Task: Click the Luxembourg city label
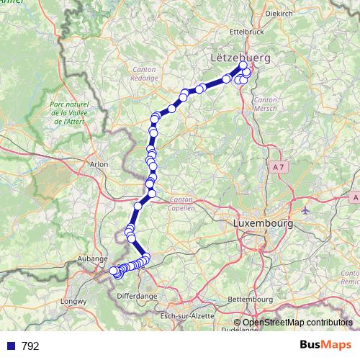coord(263,224)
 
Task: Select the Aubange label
coord(94,258)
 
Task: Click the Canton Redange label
coord(145,73)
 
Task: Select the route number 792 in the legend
coord(30,346)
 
